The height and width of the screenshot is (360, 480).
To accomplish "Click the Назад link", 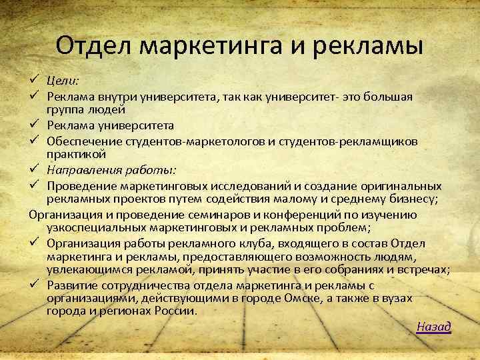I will point(434,326).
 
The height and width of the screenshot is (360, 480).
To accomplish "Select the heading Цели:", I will point(63,81).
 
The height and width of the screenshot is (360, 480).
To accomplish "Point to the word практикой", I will point(72,154).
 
